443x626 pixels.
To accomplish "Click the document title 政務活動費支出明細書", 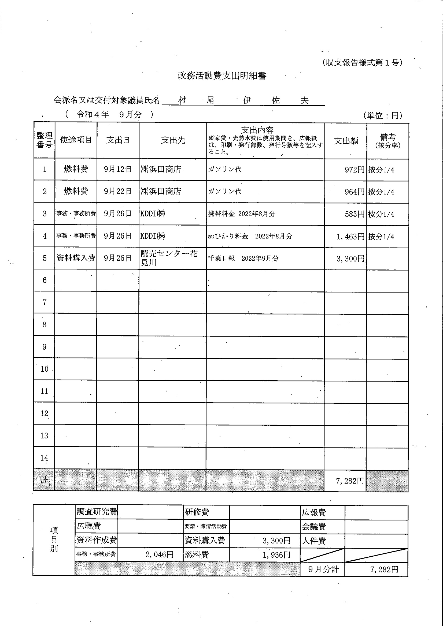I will (222, 76).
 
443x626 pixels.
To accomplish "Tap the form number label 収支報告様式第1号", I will (362, 63).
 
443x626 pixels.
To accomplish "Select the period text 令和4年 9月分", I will (109, 114).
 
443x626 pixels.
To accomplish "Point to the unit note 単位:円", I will (383, 116).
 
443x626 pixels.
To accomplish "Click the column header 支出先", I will (173, 140).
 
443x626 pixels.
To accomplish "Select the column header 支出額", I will (346, 141).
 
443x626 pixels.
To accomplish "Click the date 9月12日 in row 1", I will (118, 169).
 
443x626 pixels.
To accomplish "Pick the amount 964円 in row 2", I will (354, 192).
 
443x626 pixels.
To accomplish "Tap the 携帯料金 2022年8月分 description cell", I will (241, 214).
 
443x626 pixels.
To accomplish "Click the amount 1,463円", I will (350, 236).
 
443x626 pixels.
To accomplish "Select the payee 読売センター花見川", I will (169, 258).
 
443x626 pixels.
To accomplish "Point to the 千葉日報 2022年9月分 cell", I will (243, 258).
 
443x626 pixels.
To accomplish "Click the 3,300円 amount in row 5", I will (350, 259).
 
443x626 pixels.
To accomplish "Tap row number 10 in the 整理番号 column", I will (44, 369).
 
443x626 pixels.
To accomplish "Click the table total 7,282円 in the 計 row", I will (350, 481).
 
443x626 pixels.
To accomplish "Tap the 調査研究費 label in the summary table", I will (97, 512).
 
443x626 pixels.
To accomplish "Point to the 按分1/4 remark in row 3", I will (381, 214).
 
